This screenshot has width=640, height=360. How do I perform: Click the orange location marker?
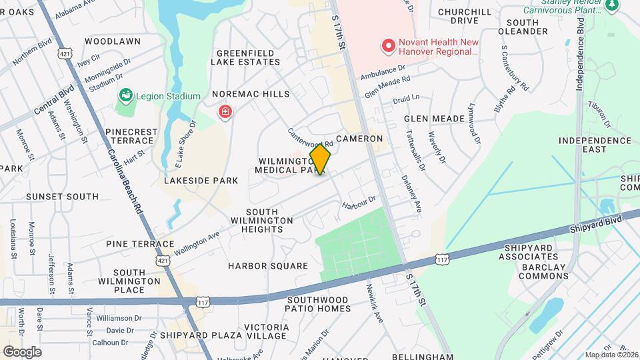pos(320,159)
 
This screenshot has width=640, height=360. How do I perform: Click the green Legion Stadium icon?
pos(125,97)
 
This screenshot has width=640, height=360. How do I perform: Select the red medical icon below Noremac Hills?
pos(226,111)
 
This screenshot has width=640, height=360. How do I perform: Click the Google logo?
pos(22,351)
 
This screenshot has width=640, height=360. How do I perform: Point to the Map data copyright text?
pos(611,355)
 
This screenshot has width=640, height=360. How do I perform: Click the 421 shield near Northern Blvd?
pos(65,52)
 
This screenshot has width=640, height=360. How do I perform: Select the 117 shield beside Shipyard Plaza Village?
pos(204,302)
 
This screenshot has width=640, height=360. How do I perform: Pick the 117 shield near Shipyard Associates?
pos(441,258)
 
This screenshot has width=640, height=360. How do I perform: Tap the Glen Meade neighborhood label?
pos(434,119)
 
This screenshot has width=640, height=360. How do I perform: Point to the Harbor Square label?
pos(268,266)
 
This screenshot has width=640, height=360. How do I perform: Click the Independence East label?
pos(595,145)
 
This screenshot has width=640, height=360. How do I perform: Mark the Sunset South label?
pos(62,197)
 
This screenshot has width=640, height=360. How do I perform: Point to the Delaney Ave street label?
pos(411,194)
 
